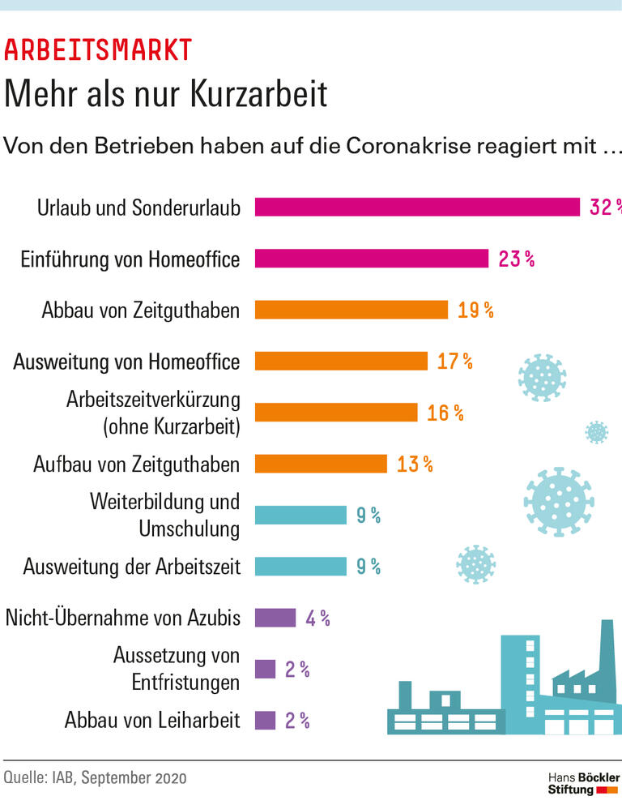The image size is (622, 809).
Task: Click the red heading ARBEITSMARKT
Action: pos(98,50)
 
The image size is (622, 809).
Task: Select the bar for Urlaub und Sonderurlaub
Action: pos(417,207)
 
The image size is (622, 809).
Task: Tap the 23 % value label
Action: pos(516,259)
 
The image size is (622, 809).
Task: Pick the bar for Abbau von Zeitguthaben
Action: pos(351,310)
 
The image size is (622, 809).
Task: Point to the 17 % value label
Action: pos(454,361)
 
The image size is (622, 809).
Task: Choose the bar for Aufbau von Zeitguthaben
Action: pos(321,464)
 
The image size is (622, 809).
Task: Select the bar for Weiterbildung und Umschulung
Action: pos(300,515)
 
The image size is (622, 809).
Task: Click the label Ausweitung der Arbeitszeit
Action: pos(132,566)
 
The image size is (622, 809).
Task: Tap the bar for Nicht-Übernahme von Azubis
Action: pos(275,618)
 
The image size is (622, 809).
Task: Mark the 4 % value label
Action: pos(317,618)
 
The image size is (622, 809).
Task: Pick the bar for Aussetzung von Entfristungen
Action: pos(265,669)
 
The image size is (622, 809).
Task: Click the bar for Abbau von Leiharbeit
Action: pos(265,720)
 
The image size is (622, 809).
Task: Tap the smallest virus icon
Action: pos(596,432)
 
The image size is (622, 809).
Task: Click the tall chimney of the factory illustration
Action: pos(607,657)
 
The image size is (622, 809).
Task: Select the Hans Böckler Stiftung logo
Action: pos(582,783)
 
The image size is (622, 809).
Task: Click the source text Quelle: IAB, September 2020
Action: pos(95,778)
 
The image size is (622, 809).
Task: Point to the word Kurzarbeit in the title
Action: pos(260,94)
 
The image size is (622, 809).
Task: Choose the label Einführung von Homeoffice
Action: pos(130,259)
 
